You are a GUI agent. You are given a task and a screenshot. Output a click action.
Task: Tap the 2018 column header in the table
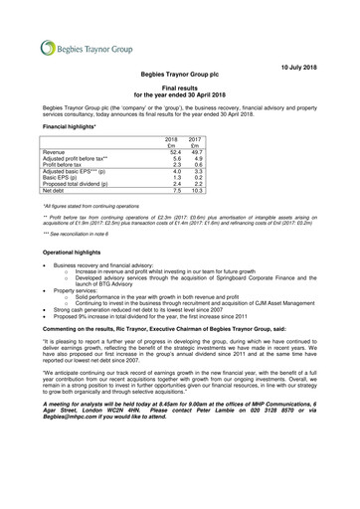coord(170,139)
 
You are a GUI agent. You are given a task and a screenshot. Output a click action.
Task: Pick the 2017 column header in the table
coord(196,139)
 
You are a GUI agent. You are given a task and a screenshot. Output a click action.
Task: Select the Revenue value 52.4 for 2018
coord(172,153)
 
